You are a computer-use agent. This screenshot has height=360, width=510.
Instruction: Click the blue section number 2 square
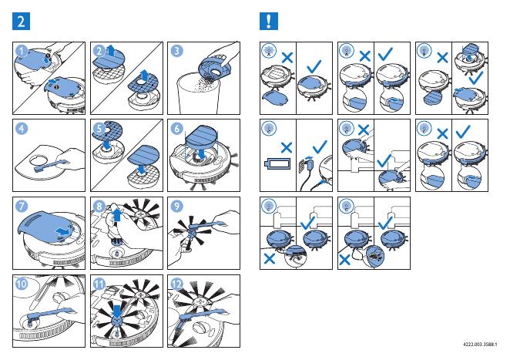(x=21, y=21)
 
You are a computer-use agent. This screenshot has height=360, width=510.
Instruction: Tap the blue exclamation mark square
(x=269, y=21)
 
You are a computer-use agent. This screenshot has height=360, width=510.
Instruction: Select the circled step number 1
(x=22, y=51)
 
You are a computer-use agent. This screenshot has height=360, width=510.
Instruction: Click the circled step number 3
(x=176, y=51)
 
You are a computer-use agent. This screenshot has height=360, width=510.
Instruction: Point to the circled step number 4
(x=22, y=128)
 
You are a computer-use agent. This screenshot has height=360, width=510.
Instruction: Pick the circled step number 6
(x=176, y=128)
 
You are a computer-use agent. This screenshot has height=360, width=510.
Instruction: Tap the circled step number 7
(x=22, y=206)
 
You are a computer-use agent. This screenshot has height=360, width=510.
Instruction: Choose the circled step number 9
(x=176, y=206)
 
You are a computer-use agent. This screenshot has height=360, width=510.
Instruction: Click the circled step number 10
(x=22, y=284)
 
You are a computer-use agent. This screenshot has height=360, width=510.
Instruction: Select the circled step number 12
(x=176, y=284)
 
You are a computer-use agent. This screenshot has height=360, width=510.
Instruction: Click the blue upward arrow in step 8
(x=116, y=216)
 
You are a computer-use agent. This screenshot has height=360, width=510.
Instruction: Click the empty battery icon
(x=277, y=163)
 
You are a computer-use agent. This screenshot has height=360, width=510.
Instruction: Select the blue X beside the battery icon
(x=287, y=147)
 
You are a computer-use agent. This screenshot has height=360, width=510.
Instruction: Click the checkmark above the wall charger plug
(x=320, y=146)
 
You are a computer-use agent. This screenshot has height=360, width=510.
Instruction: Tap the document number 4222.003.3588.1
(x=480, y=344)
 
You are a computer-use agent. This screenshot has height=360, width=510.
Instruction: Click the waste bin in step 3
(x=198, y=96)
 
